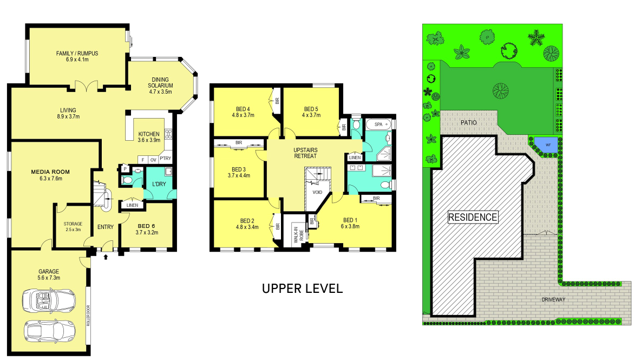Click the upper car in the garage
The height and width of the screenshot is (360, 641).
49,299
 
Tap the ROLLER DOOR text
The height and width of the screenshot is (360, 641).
88,316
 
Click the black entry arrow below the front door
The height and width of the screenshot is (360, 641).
106,257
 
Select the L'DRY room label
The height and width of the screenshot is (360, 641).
159,184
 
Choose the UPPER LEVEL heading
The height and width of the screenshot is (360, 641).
303,289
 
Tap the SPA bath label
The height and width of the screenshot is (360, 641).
378,124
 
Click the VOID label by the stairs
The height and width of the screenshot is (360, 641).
317,192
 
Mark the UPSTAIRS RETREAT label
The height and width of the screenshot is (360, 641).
305,153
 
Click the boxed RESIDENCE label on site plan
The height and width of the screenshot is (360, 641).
473,218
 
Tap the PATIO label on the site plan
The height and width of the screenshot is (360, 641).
468,122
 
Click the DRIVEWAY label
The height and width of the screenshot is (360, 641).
553,299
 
